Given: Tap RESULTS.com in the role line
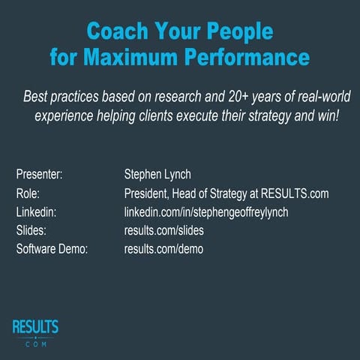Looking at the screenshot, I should tap(293, 193).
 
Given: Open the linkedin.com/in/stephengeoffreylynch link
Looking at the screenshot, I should tap(206, 212).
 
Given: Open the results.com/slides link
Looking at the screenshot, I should tap(163, 230).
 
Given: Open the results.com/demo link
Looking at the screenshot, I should tap(163, 248).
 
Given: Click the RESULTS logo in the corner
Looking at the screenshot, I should tap(35, 331).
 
